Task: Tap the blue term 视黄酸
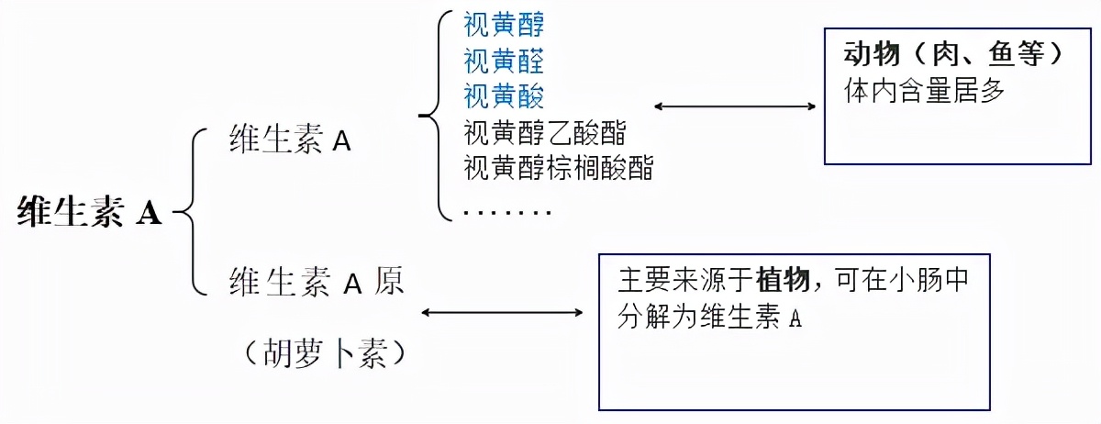click(x=504, y=95)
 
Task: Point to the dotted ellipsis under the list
click(x=507, y=213)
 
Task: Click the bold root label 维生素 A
click(x=89, y=213)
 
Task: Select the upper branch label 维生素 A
click(x=290, y=141)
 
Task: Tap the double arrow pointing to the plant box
click(x=502, y=313)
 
